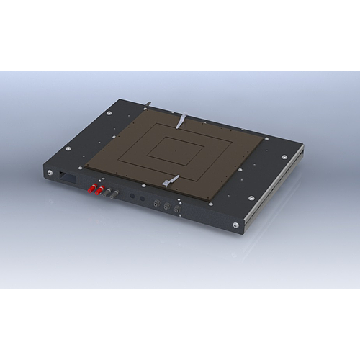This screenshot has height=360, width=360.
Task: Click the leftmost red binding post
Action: point(91,190)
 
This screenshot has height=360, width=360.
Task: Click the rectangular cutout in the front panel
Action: point(66,176)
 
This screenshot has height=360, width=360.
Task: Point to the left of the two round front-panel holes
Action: point(132,196)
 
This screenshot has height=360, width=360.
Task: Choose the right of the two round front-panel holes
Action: point(142,198)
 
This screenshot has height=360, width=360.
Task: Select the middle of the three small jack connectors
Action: point(166,206)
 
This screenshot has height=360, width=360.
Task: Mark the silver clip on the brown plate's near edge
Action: point(171,180)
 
